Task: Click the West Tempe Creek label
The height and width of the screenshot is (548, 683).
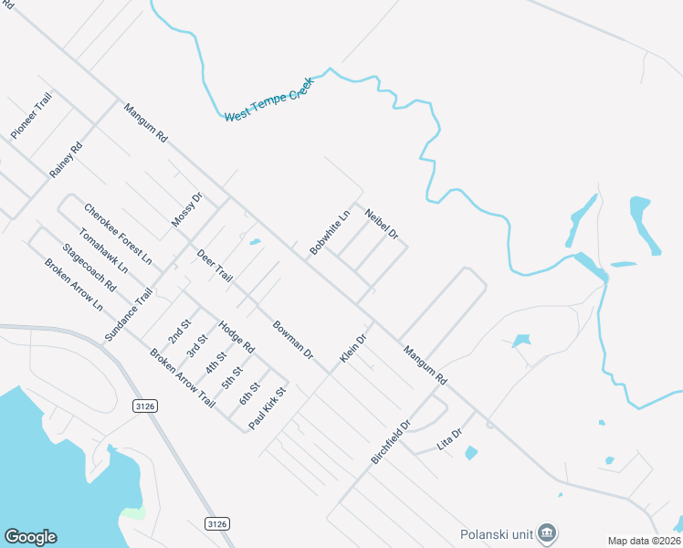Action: tap(268, 100)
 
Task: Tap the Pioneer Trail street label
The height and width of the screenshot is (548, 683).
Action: tap(31, 115)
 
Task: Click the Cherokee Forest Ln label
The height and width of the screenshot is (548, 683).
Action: tap(118, 234)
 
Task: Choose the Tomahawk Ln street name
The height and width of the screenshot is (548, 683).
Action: tap(104, 251)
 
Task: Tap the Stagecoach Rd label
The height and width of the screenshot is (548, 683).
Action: tap(89, 267)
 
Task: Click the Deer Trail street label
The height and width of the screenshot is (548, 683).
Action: tap(215, 263)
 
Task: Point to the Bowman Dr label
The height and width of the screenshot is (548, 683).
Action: tap(293, 338)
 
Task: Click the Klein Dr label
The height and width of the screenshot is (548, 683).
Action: tap(353, 348)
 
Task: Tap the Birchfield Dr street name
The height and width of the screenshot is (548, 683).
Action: tap(393, 442)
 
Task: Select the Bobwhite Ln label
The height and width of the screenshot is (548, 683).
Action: tap(330, 233)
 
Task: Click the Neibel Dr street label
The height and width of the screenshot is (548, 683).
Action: tap(382, 224)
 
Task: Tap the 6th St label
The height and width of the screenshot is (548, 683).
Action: tap(249, 394)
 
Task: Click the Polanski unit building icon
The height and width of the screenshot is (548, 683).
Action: tap(547, 532)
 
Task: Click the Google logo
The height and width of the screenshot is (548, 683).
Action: tap(30, 537)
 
